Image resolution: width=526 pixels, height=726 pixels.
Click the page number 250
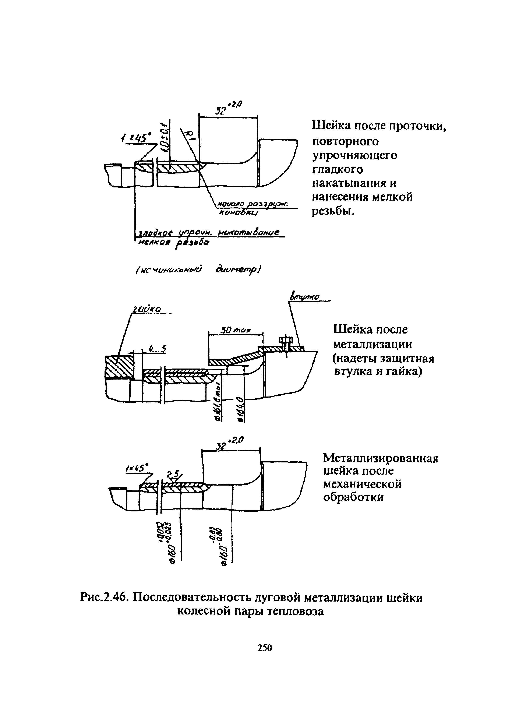tap(264, 648)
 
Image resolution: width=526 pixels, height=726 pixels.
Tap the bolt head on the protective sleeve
tap(284, 340)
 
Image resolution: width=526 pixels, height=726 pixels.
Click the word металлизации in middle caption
tap(372, 344)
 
